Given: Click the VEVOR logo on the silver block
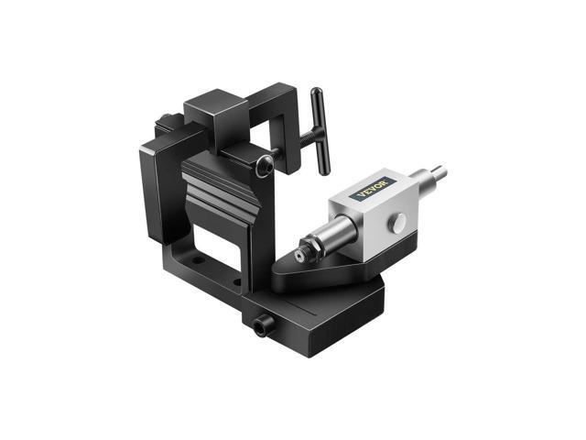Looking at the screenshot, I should (x=374, y=187).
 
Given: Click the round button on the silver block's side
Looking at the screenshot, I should (x=401, y=223).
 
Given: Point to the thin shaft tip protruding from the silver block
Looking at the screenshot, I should (x=437, y=172).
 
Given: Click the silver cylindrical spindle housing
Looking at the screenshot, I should (x=334, y=230).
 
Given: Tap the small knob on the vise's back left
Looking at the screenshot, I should (x=165, y=118).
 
